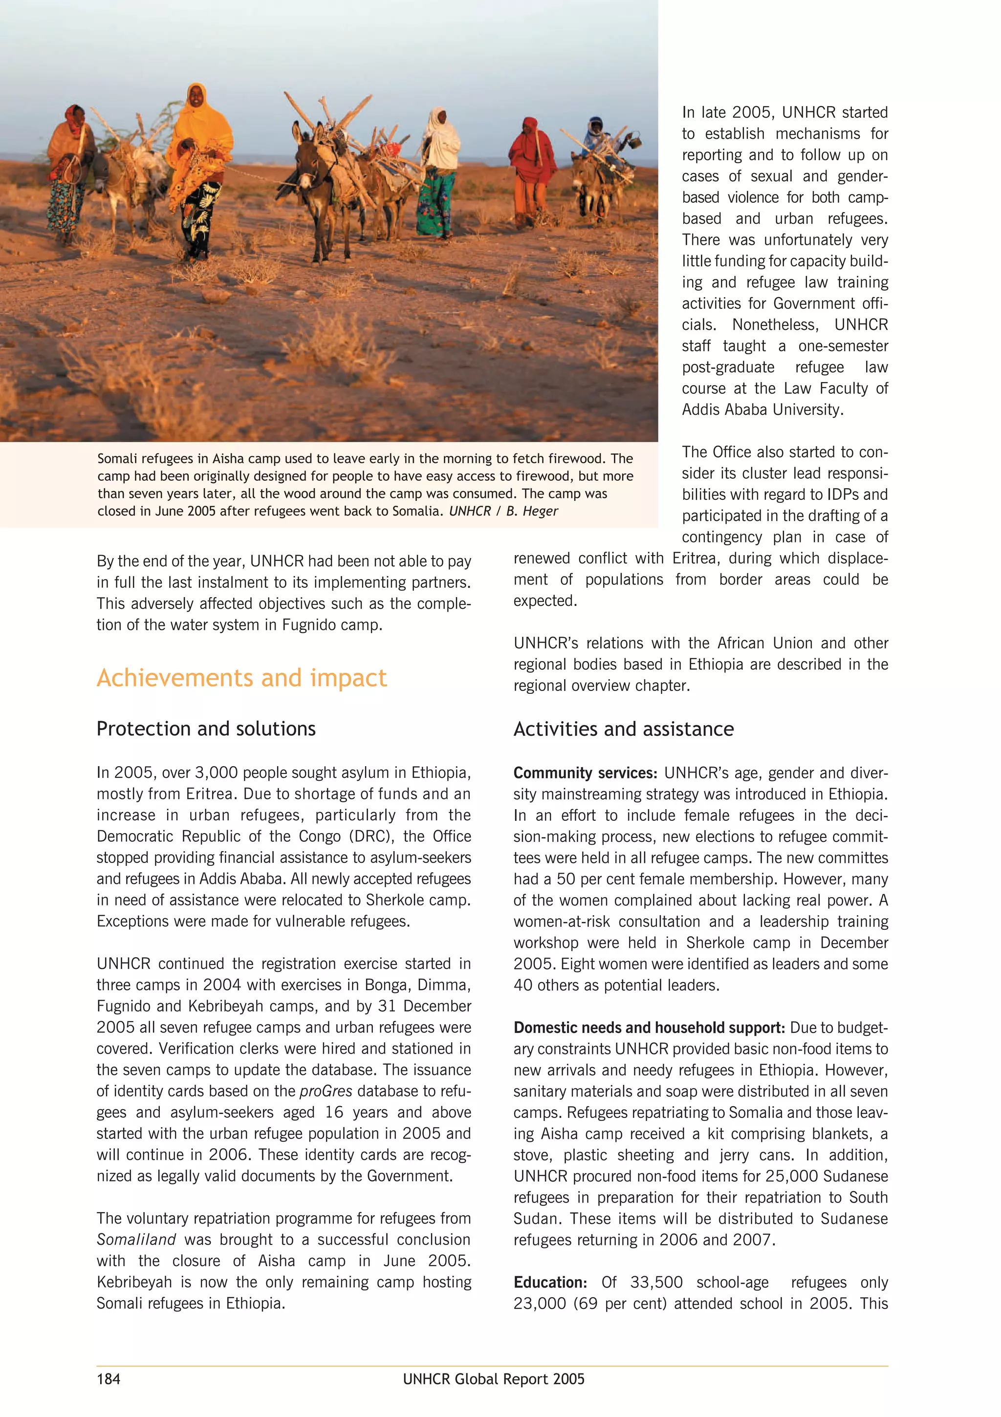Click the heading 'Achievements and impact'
click(x=241, y=678)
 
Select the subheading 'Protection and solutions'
click(x=206, y=729)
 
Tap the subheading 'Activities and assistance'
click(x=623, y=729)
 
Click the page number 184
click(x=109, y=1379)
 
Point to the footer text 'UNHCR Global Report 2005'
click(x=493, y=1379)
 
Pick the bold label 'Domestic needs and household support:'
click(x=649, y=1028)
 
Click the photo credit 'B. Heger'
click(x=532, y=511)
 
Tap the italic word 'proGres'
click(x=326, y=1091)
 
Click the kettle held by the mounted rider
click(x=633, y=142)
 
